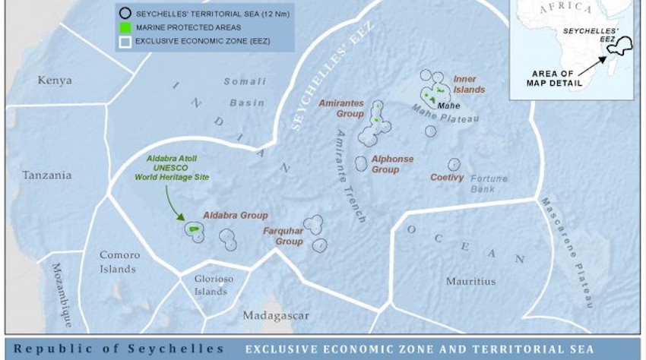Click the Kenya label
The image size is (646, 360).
pyautogui.click(x=55, y=80)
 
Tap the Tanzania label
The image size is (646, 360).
pyautogui.click(x=47, y=175)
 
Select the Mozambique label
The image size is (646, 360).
pyautogui.click(x=62, y=294)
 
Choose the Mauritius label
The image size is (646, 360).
pyautogui.click(x=470, y=281)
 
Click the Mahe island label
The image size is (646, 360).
pyautogui.click(x=449, y=106)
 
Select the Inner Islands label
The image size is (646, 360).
pyautogui.click(x=468, y=84)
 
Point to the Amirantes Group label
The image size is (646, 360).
pyautogui.click(x=341, y=108)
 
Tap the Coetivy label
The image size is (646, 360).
pyautogui.click(x=447, y=178)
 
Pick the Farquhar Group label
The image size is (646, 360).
pyautogui.click(x=283, y=236)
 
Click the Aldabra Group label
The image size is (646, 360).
pyautogui.click(x=235, y=216)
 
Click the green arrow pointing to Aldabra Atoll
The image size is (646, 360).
pyautogui.click(x=176, y=206)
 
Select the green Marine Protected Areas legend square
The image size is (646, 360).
pyautogui.click(x=125, y=27)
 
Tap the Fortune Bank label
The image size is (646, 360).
pyautogui.click(x=488, y=184)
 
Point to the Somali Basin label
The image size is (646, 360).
pyautogui.click(x=245, y=92)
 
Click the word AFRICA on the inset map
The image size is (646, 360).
pyautogui.click(x=565, y=8)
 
